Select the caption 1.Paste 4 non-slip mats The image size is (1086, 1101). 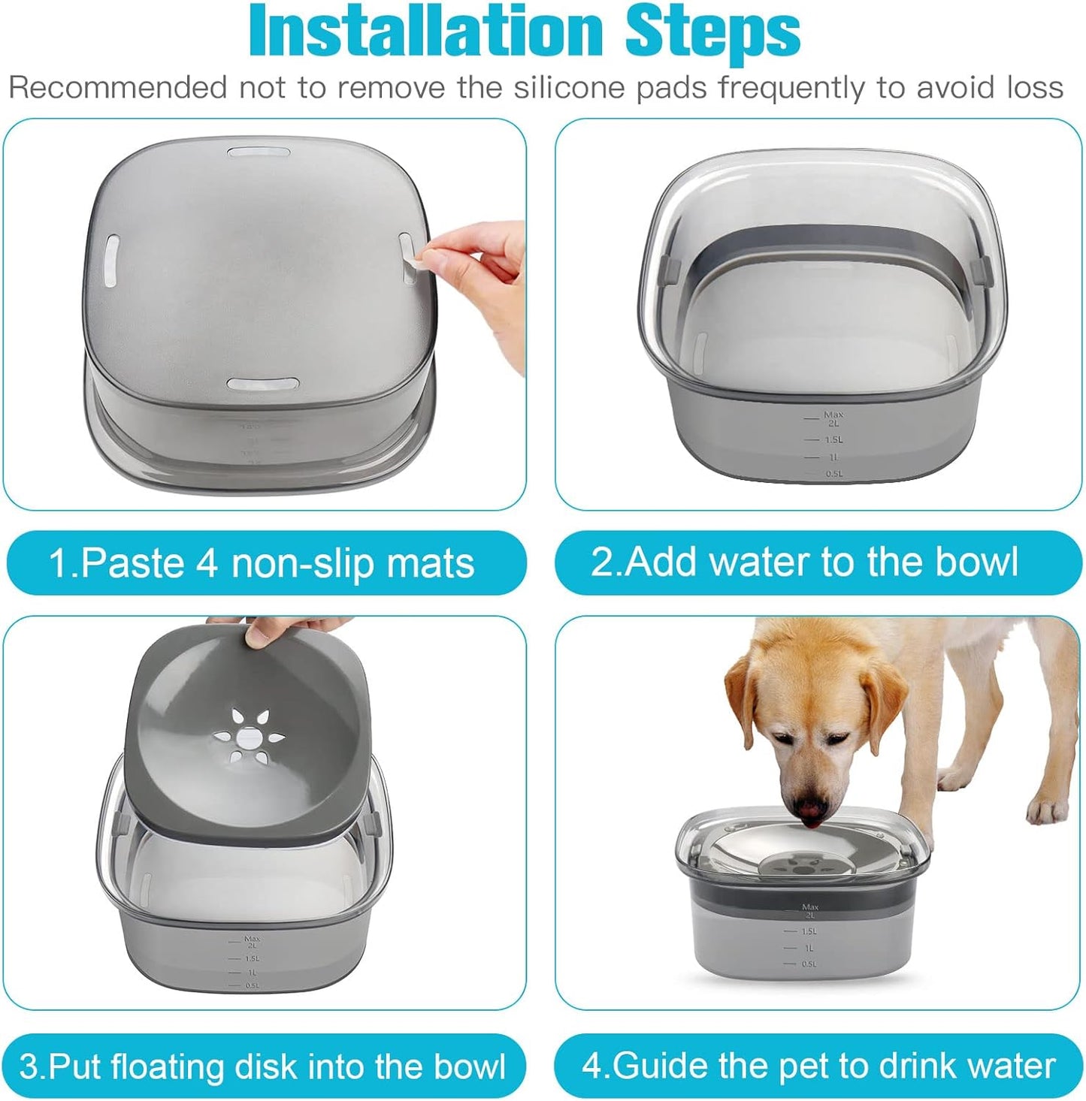tap(262, 563)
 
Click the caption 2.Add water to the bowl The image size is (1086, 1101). tap(805, 562)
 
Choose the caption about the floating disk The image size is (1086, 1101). tap(262, 1066)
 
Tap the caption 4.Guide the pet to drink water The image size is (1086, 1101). tap(818, 1066)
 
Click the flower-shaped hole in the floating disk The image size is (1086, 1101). tap(247, 737)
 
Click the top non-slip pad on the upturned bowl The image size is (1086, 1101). tap(259, 152)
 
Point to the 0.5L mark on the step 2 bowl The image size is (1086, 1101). tap(833, 474)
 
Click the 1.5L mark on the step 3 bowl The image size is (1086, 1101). tap(252, 958)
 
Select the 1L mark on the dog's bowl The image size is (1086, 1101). tap(808, 948)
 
